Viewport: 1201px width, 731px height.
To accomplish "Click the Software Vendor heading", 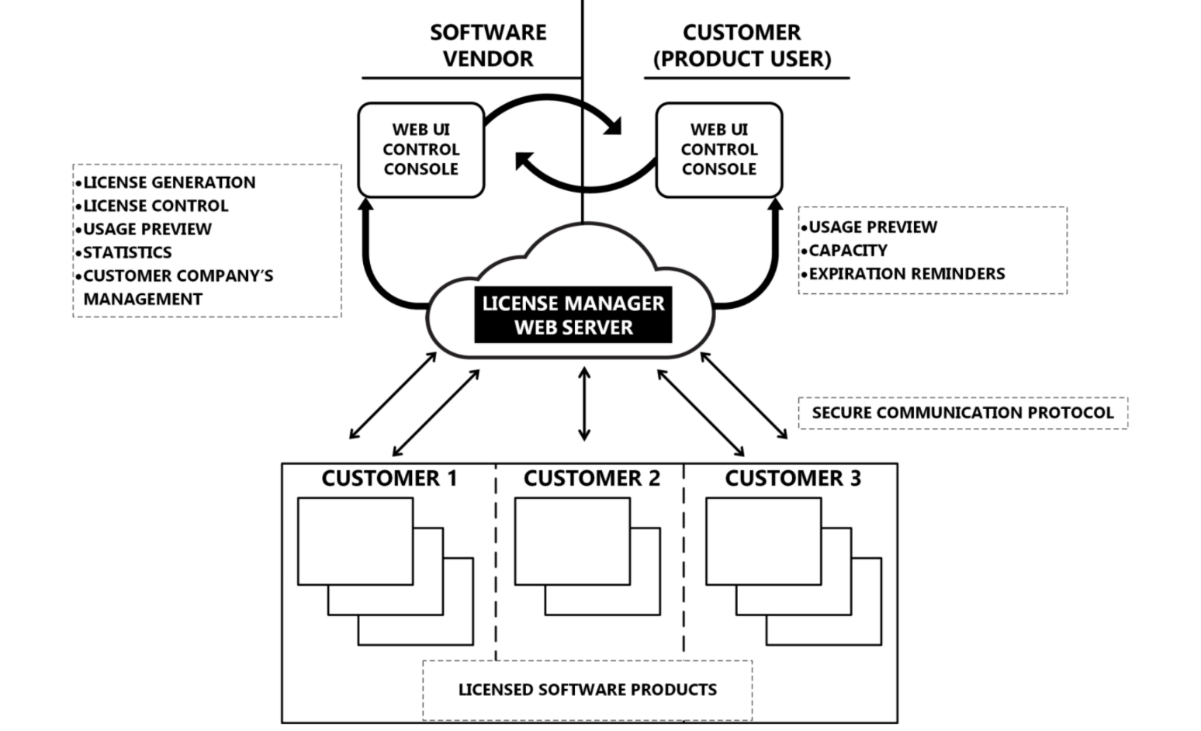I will coord(488,46).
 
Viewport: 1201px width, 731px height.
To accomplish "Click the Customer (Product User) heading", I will coord(742,46).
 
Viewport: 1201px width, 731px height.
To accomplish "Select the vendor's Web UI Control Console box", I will coord(421,150).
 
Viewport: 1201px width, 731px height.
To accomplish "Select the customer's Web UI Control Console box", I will coord(718,150).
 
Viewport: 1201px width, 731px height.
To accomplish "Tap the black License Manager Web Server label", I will coord(573,315).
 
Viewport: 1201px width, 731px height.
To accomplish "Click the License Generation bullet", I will coord(168,182).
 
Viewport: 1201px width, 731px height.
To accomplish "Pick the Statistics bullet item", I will coord(127,252).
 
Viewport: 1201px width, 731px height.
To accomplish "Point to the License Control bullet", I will coord(155,206).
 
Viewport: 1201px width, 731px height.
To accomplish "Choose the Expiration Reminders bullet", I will coord(906,274).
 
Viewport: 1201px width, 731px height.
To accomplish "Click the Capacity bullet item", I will coord(847,251).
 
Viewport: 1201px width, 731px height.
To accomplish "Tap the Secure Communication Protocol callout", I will coord(962,413).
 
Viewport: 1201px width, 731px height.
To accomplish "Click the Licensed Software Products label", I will coord(587,690).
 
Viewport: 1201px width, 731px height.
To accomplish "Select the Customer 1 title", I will coord(389,479).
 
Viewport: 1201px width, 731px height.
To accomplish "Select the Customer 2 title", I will coord(591,479).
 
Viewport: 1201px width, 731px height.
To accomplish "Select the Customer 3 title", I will coord(793,479).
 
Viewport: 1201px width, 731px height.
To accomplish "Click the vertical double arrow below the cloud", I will coord(584,404).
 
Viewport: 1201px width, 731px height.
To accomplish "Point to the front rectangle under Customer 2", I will coord(572,542).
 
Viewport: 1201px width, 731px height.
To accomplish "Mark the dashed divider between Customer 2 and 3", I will coord(684,559).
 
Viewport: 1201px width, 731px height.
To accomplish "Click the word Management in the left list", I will coord(143,299).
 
